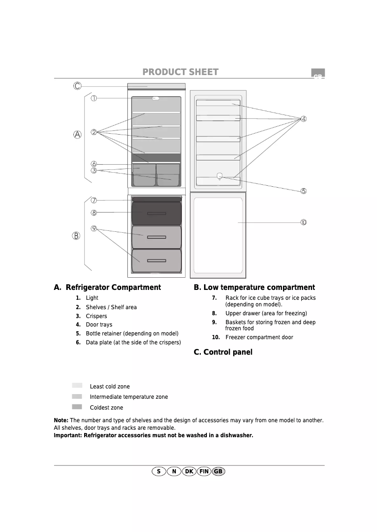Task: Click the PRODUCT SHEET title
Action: (181, 72)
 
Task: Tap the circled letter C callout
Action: (77, 86)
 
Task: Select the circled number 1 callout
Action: (94, 98)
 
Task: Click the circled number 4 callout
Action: (304, 119)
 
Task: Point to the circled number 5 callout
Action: (304, 191)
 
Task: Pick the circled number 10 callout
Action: (304, 222)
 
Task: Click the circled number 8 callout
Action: (94, 213)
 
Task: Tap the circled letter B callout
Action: (76, 236)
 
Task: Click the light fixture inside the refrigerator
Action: (156, 98)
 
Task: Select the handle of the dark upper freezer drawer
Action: (157, 213)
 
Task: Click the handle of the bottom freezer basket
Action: (157, 261)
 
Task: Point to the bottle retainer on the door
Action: (220, 176)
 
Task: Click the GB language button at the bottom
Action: (219, 471)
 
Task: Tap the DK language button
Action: (189, 471)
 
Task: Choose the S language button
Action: (159, 471)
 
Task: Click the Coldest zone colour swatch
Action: (77, 407)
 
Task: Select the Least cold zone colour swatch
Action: (77, 385)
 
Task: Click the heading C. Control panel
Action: (223, 352)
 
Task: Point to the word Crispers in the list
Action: (96, 316)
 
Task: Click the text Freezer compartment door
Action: (259, 337)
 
